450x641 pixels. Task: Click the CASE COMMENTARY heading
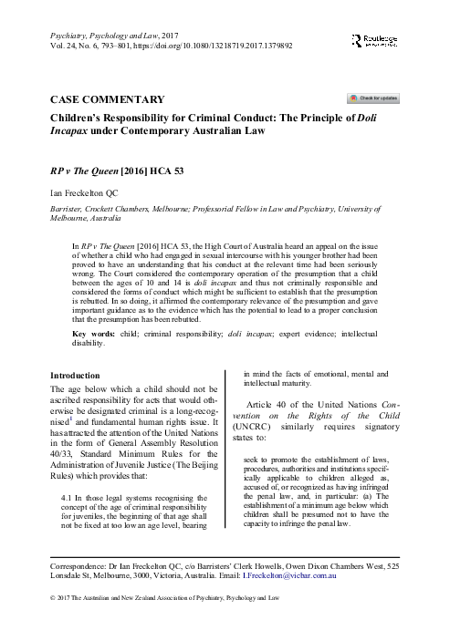[x=107, y=99]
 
